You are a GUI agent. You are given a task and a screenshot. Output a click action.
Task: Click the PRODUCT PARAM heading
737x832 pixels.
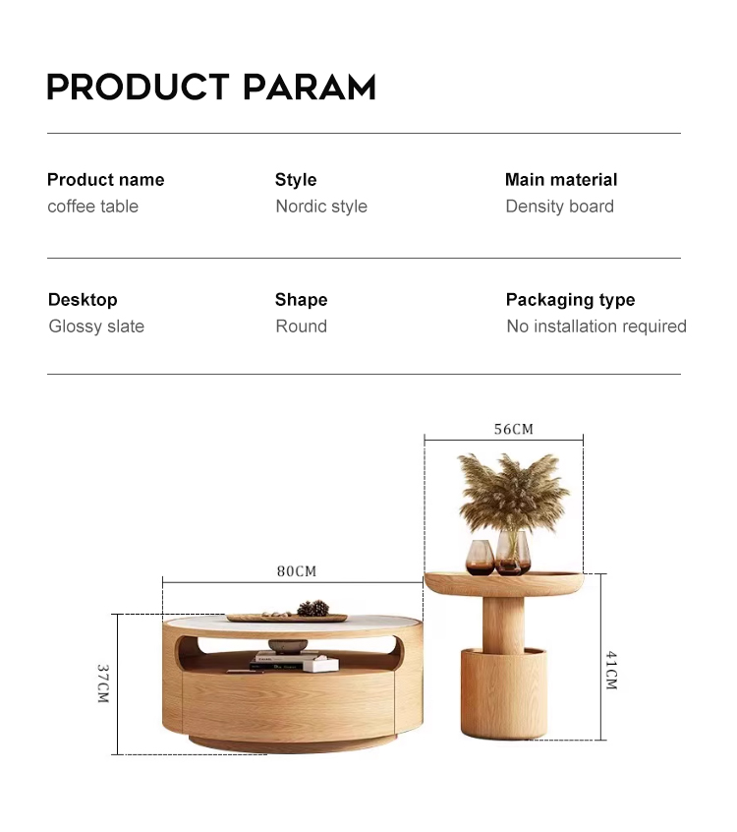coord(211,87)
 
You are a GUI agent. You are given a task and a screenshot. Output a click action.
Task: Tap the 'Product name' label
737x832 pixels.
coord(105,180)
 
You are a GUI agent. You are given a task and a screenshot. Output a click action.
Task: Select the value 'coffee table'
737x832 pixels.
coord(92,206)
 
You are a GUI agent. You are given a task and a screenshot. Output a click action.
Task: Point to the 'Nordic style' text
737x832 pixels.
coord(321,206)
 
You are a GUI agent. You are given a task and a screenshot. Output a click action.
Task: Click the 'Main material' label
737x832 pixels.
coord(561,180)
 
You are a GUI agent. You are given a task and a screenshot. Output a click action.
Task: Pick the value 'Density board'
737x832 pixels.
coord(559,206)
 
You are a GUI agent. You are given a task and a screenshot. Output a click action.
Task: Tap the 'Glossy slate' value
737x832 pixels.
coord(96,326)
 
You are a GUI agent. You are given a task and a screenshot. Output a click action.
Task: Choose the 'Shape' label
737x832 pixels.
coord(301,300)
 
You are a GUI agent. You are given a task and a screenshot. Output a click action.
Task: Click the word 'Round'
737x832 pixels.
coord(301,326)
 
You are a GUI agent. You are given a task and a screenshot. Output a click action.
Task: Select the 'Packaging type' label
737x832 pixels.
coord(571,300)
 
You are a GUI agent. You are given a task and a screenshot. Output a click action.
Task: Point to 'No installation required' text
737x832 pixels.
coord(596,326)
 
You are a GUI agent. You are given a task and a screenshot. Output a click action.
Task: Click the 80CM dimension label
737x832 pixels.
coord(297,571)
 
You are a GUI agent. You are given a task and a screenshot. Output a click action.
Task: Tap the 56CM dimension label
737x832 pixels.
coord(513,429)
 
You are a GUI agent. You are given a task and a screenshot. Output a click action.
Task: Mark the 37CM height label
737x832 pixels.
coord(103,683)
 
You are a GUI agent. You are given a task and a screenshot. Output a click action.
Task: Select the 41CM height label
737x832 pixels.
coord(611,670)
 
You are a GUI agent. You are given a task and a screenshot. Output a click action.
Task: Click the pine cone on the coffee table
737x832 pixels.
coord(312,608)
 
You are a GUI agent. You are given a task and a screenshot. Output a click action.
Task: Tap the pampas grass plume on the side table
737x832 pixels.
coord(512,492)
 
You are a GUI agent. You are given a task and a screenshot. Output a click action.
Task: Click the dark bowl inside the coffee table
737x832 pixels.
coord(288,646)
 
